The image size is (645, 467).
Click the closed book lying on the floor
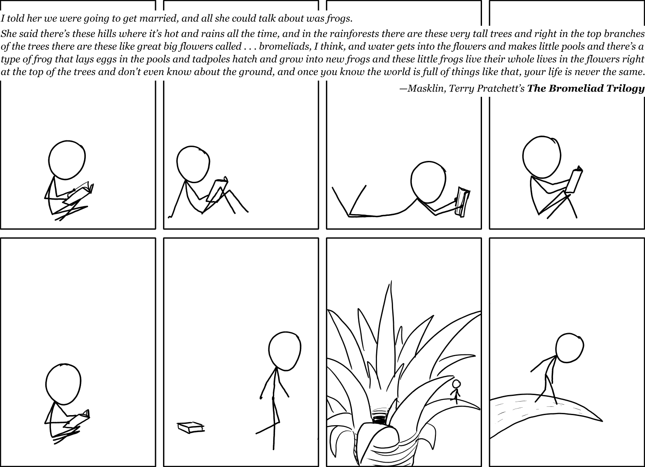pos(190,427)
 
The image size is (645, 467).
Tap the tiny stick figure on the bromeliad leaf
pos(455,391)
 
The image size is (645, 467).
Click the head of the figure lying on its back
pos(428,183)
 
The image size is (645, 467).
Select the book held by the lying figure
pos(462,201)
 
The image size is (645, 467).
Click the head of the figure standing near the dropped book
pos(285,351)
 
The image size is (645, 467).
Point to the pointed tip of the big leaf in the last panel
pos(602,421)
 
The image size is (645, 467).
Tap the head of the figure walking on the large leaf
pos(570,348)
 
